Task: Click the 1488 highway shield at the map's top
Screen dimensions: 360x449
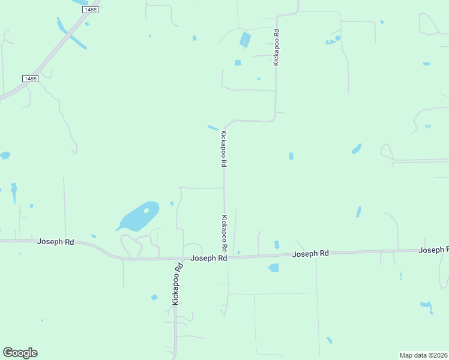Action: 91,10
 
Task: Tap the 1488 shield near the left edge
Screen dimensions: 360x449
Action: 30,79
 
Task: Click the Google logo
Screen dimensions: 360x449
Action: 20,353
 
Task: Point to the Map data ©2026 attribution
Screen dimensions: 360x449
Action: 423,355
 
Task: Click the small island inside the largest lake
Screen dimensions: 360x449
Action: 146,211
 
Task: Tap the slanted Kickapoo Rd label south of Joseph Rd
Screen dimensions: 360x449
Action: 176,284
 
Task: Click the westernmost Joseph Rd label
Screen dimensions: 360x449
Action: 55,242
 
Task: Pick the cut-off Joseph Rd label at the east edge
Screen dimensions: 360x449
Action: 433,250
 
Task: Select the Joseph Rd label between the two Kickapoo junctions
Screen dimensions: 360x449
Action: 208,258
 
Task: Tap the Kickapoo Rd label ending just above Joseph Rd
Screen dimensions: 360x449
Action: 224,233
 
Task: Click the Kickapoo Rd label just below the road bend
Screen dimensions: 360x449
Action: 223,148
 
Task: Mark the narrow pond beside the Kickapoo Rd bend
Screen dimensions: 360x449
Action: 212,127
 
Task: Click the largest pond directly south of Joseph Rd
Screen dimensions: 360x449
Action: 274,268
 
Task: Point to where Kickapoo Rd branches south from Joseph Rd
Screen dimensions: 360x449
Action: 176,259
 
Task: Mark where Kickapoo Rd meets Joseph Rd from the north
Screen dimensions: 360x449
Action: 226,257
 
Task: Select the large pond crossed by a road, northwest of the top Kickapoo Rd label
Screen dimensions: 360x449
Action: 245,40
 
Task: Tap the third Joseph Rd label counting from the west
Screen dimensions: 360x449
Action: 310,254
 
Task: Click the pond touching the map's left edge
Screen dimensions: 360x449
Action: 4,155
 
